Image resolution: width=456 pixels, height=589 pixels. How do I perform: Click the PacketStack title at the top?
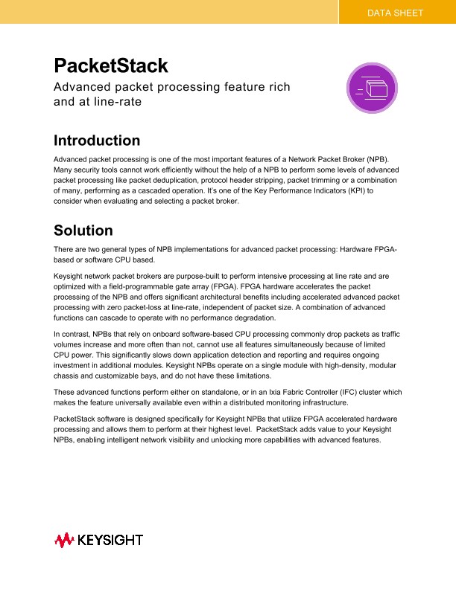coord(111,65)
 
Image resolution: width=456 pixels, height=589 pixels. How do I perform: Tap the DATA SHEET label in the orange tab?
coord(395,13)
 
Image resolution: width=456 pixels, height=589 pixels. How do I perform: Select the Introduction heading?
coord(97,141)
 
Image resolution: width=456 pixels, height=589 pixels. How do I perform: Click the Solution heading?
coord(83,231)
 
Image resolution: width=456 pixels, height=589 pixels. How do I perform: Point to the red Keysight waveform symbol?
coord(63,539)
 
